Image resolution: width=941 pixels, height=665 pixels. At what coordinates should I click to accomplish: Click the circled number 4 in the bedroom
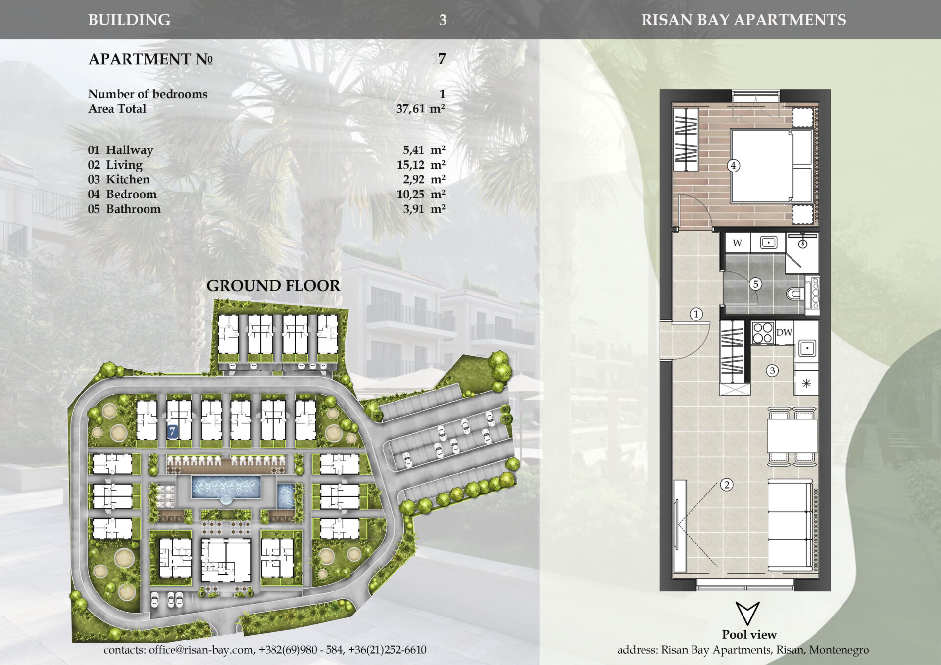pos(733,166)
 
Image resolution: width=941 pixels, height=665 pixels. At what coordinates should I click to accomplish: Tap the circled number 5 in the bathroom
pos(755,284)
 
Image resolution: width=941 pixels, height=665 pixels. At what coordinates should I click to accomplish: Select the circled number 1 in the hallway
pos(696,314)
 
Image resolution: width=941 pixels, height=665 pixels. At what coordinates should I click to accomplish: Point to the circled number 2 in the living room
pos(727,485)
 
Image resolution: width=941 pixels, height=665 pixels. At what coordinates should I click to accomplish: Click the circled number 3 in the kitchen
pos(772,370)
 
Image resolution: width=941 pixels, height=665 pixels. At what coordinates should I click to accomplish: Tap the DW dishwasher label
pos(784,332)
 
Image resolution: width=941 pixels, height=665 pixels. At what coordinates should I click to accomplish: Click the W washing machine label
pos(737,243)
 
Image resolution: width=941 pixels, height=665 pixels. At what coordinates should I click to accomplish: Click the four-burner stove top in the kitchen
pos(763,332)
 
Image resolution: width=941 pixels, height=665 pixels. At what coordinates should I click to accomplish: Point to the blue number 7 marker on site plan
pos(172,432)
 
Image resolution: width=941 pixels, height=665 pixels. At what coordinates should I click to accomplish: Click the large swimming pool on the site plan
pos(226,487)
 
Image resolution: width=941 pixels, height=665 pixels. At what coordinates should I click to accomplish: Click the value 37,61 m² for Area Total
pos(421,108)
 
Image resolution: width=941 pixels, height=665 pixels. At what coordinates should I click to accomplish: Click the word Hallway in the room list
pos(129,150)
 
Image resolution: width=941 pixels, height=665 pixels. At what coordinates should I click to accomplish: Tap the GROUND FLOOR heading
pos(273,286)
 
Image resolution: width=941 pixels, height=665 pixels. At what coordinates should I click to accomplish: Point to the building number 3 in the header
pos(443,20)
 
